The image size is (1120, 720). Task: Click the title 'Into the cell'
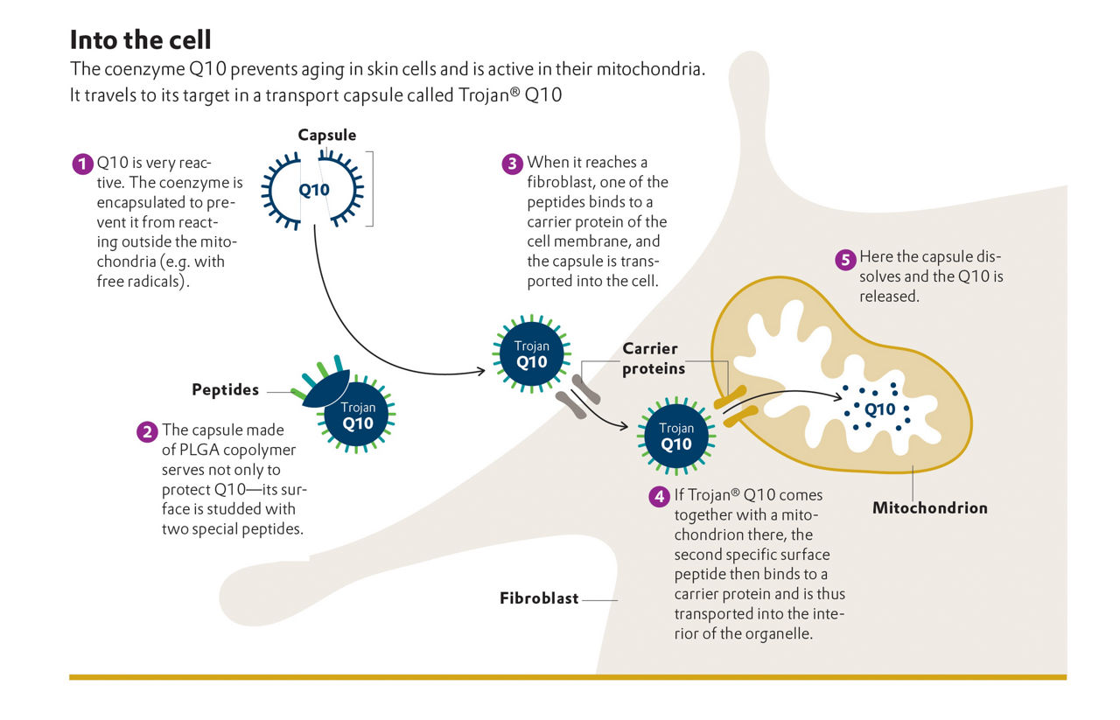click(140, 40)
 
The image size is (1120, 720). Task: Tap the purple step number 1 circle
click(82, 164)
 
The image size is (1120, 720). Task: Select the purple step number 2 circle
click(147, 431)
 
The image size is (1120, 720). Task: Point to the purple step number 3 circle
click(511, 164)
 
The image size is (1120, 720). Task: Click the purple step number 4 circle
click(659, 496)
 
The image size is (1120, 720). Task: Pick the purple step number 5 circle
click(844, 259)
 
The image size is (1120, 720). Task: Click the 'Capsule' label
click(327, 135)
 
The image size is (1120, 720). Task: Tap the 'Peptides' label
click(226, 390)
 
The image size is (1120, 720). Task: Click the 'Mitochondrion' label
click(929, 507)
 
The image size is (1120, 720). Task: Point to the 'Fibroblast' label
click(539, 599)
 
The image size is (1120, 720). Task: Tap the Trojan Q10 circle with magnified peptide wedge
click(358, 416)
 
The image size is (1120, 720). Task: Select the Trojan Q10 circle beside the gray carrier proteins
click(531, 354)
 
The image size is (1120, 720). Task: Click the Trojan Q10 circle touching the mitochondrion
click(676, 436)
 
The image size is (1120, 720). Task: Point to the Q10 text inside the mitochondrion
click(879, 409)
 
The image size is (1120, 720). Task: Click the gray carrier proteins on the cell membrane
click(578, 395)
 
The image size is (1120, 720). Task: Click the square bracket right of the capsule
click(370, 189)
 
